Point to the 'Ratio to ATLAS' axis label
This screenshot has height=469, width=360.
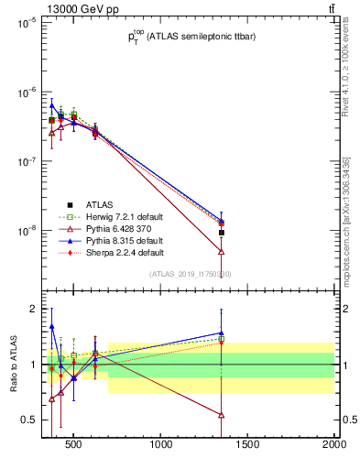tap(16, 365)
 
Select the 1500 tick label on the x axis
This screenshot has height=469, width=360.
tap(248, 446)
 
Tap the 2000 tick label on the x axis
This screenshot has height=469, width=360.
tap(333, 446)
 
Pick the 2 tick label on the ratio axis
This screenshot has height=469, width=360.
tap(32, 309)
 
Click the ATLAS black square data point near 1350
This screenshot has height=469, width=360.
tap(222, 233)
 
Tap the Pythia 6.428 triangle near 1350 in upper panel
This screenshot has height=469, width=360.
tap(222, 251)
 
